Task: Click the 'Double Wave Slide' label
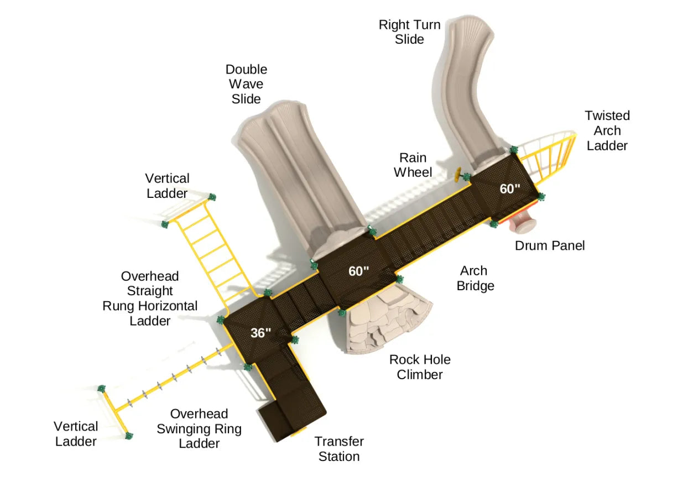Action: [246, 85]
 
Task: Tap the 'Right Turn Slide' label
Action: [409, 32]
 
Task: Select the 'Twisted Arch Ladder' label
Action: [607, 131]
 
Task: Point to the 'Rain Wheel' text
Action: [413, 165]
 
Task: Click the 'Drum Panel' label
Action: [549, 245]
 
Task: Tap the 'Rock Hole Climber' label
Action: [419, 367]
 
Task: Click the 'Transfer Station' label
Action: [339, 449]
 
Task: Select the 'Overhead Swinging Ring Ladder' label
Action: [199, 429]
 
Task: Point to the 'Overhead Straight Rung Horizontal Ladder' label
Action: [150, 298]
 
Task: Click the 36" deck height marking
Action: [260, 333]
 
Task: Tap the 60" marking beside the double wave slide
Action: [358, 271]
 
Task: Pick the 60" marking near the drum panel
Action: [510, 189]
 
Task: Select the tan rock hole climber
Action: [387, 326]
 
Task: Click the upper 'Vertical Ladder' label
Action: [167, 186]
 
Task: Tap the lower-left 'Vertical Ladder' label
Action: [76, 434]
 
